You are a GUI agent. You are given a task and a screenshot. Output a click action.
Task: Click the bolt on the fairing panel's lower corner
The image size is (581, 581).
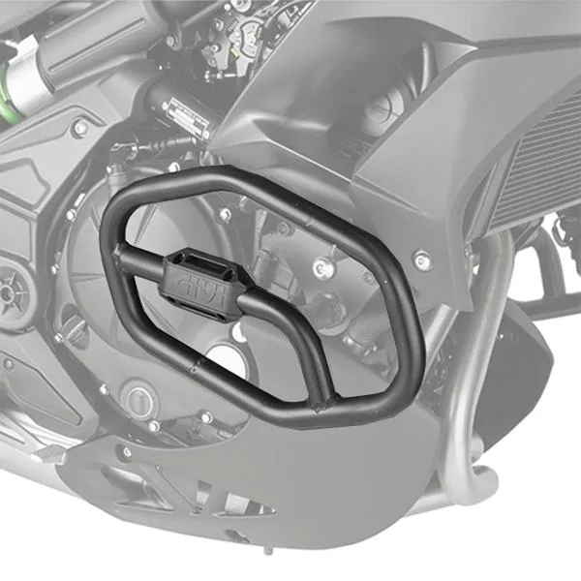(x=421, y=259)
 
